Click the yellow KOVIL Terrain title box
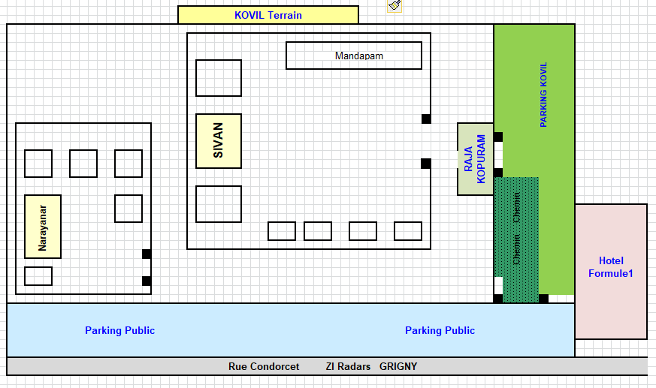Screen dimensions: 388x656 coord(268,15)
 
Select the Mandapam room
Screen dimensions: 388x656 coord(353,56)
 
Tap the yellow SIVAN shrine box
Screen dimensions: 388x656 coord(219,141)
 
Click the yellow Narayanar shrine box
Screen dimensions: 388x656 coord(43,227)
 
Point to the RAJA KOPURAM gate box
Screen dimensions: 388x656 coord(475,159)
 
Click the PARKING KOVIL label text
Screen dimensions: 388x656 coord(543,95)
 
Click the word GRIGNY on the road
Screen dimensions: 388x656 coord(398,367)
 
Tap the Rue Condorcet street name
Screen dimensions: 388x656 coord(264,367)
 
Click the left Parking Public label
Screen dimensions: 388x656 coord(119,330)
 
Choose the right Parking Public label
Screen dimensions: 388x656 coord(440,330)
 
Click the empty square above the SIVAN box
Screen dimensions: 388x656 coord(219,78)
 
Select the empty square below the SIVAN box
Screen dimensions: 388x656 coord(219,204)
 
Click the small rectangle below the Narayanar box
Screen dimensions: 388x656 coord(38,276)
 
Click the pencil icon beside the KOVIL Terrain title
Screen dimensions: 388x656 coord(395,6)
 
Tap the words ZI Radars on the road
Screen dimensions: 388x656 coord(348,367)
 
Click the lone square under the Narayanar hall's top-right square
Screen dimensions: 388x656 coord(128,209)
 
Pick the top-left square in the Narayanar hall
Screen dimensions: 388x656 coord(38,164)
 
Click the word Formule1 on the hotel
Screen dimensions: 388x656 coord(611,273)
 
